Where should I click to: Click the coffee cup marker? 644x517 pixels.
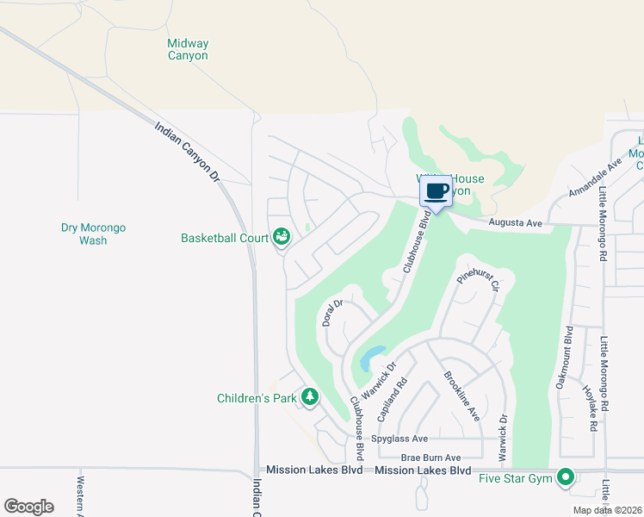click(436, 191)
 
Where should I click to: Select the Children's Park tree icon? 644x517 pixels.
click(309, 397)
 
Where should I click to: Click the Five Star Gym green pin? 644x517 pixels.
click(566, 477)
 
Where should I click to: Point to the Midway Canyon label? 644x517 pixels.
click(188, 49)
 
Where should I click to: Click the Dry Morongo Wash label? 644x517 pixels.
click(93, 234)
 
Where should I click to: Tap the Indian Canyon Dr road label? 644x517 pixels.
click(189, 152)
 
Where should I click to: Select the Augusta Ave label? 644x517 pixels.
click(515, 223)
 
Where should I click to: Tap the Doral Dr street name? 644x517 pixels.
click(332, 313)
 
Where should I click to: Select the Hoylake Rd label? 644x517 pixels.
click(591, 408)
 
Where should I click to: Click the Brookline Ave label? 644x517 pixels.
click(461, 396)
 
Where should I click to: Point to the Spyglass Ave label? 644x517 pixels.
click(399, 439)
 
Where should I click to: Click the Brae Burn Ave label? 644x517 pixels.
click(431, 458)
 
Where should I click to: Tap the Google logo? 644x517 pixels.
click(28, 507)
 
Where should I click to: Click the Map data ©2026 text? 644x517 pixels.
click(606, 510)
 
